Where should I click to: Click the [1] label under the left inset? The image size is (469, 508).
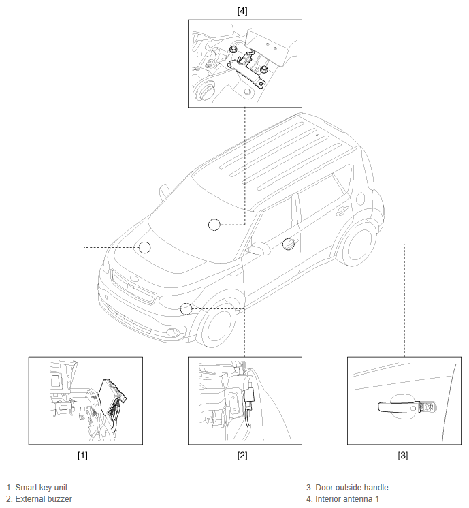click(82, 455)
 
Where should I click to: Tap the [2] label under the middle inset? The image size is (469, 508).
click(242, 455)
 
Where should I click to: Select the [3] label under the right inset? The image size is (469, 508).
click(403, 455)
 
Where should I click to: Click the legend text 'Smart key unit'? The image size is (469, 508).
click(41, 488)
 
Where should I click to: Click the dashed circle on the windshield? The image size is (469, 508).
click(214, 225)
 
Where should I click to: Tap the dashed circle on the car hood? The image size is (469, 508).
click(144, 247)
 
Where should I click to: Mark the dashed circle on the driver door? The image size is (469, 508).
click(289, 243)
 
